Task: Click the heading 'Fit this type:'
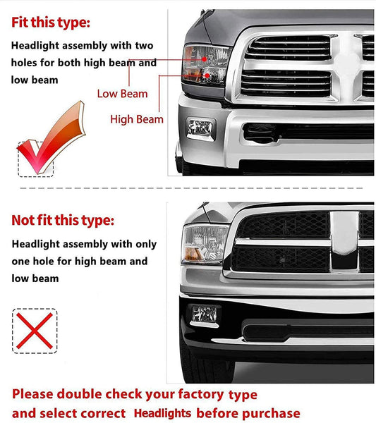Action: (51, 23)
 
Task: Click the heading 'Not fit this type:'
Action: (62, 221)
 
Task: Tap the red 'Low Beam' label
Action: (122, 94)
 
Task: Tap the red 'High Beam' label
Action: (136, 119)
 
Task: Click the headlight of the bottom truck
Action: (205, 244)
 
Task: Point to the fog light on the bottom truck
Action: (205, 314)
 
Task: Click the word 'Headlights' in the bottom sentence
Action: (163, 414)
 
